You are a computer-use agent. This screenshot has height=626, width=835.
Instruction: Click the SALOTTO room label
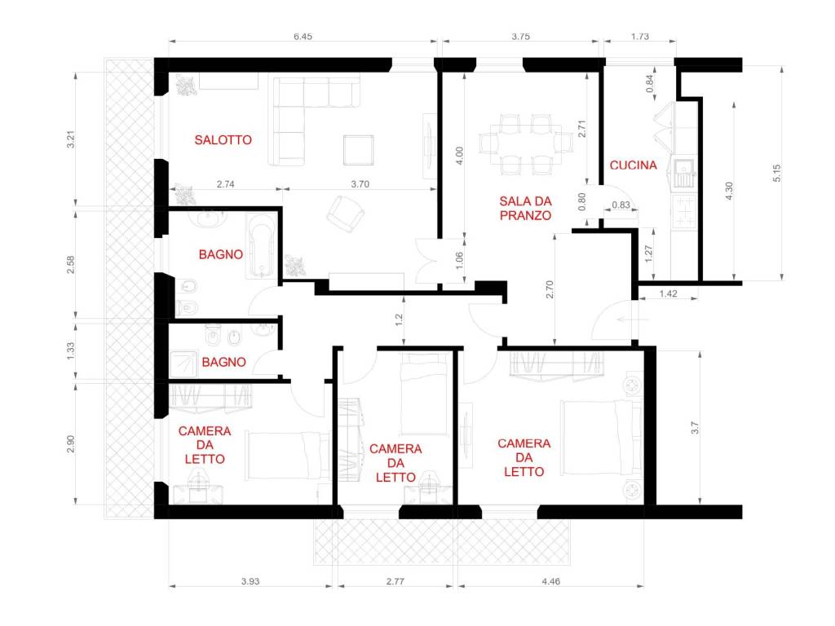pyautogui.click(x=223, y=140)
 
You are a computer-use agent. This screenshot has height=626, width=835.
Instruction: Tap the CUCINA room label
pyautogui.click(x=633, y=165)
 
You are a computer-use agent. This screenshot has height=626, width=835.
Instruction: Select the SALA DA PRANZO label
pyautogui.click(x=525, y=208)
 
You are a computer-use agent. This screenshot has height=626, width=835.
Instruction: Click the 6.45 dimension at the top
pyautogui.click(x=303, y=36)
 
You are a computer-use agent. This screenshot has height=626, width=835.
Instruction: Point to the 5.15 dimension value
pyautogui.click(x=776, y=173)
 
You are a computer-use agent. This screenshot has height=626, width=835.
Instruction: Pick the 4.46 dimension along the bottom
pyautogui.click(x=550, y=581)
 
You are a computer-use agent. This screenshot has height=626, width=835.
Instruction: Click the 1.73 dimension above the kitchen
pyautogui.click(x=639, y=36)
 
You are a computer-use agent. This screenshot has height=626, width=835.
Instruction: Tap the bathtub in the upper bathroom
pyautogui.click(x=261, y=245)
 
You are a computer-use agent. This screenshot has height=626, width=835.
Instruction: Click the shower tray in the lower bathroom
pyautogui.click(x=183, y=364)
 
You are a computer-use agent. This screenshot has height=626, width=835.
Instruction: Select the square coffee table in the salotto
pyautogui.click(x=359, y=150)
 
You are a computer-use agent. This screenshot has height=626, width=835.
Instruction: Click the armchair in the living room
pyautogui.click(x=345, y=214)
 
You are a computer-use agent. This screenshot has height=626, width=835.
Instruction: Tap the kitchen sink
pyautogui.click(x=684, y=173)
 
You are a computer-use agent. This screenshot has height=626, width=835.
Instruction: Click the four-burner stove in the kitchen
pyautogui.click(x=684, y=211)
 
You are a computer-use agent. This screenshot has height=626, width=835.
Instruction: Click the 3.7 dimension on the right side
pyautogui.click(x=695, y=427)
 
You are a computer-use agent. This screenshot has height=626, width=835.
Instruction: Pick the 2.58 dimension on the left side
pyautogui.click(x=70, y=265)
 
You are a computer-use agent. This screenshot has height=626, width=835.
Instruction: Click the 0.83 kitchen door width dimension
pyautogui.click(x=621, y=205)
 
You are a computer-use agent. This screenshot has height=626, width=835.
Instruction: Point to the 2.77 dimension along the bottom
pyautogui.click(x=395, y=581)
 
